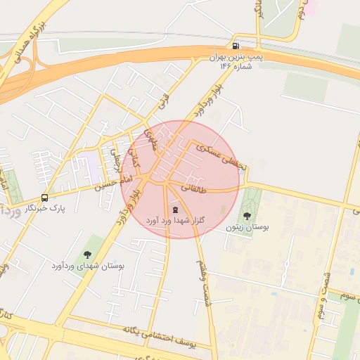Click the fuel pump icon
[236, 46]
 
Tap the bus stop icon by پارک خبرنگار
[45, 198]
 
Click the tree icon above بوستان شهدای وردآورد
[87, 255]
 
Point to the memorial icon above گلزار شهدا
[175, 209]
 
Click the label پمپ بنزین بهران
[231, 57]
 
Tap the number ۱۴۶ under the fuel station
[225, 66]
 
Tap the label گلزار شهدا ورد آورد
[175, 220]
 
